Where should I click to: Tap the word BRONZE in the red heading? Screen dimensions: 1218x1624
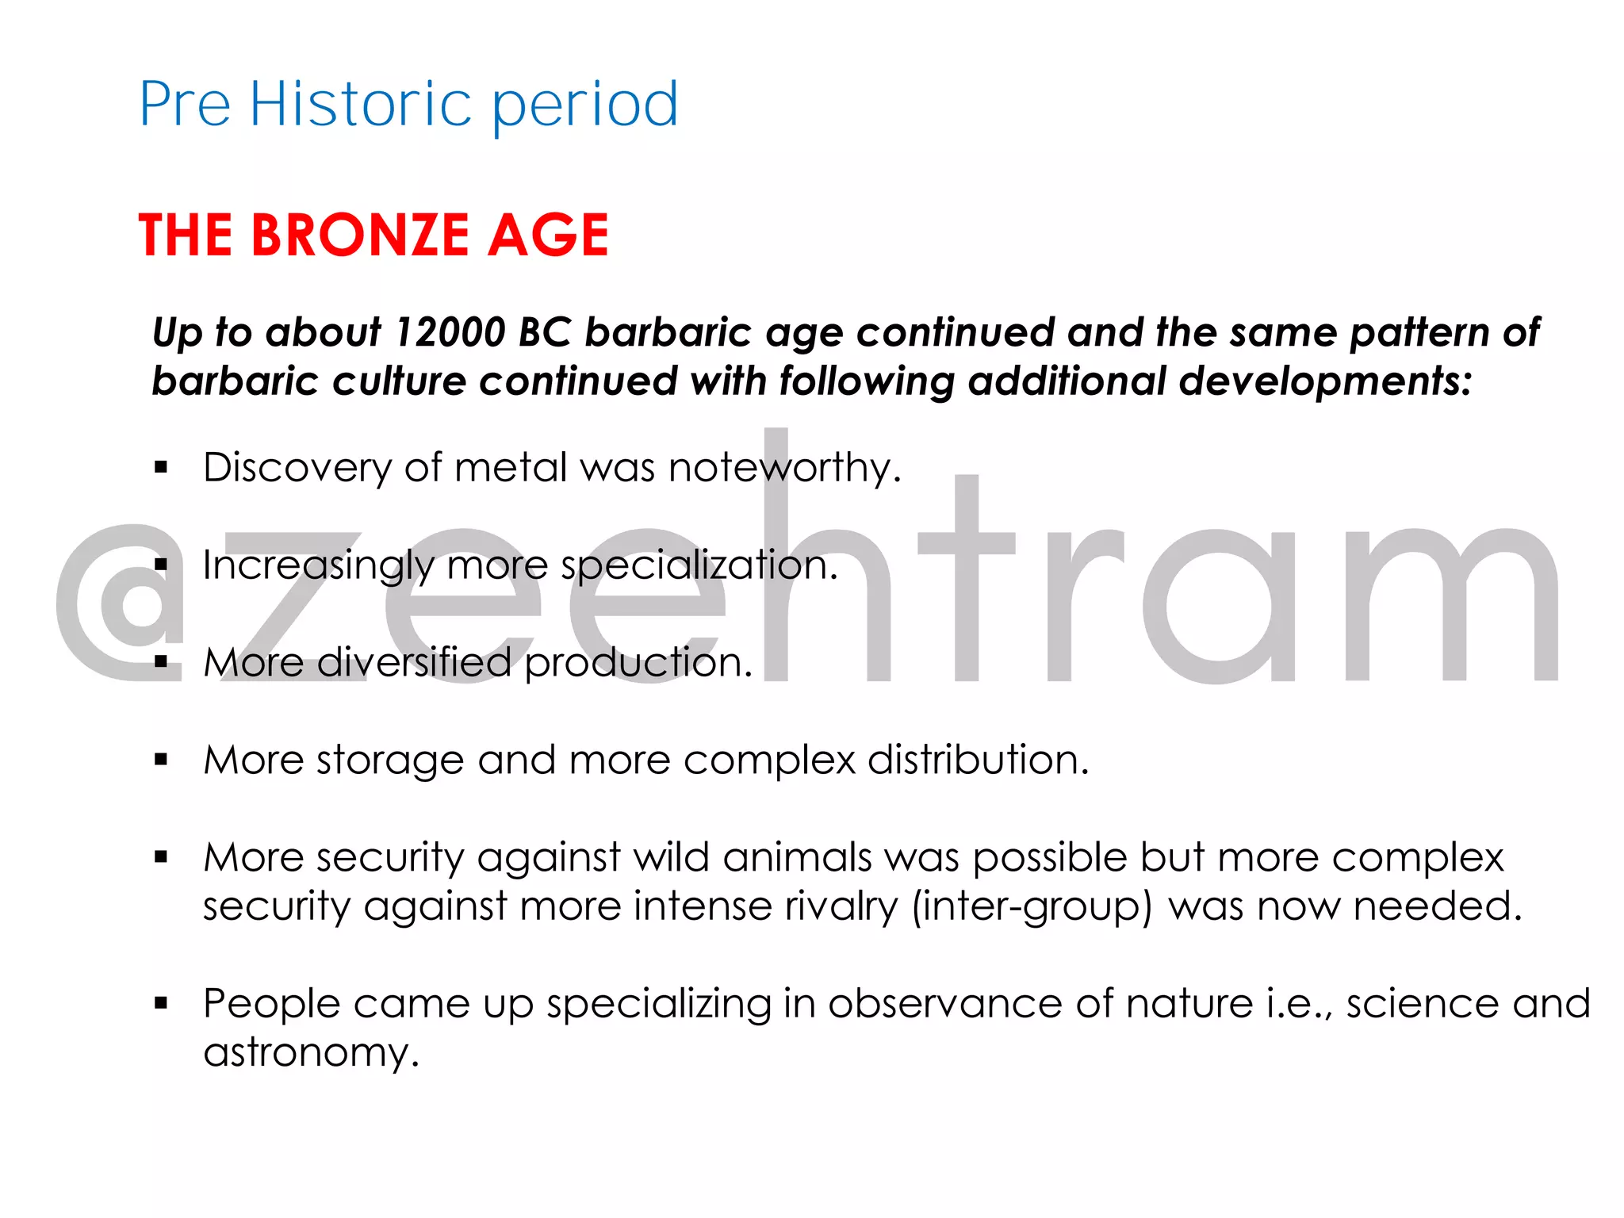[361, 236]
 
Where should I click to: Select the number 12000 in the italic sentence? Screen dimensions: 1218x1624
[450, 332]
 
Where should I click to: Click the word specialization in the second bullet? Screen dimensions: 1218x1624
[699, 565]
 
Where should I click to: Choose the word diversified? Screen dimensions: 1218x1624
[414, 662]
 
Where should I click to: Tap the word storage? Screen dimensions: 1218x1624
[390, 760]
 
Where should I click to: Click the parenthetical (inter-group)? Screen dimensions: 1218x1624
[1032, 906]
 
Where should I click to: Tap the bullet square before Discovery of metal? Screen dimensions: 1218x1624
[162, 468]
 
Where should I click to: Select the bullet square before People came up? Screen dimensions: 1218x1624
[162, 1004]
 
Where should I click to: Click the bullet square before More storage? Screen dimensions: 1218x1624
[162, 760]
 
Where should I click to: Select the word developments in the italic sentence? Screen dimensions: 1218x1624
[1325, 381]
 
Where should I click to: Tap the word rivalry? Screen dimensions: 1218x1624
[841, 906]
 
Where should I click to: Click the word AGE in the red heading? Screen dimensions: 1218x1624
[548, 236]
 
